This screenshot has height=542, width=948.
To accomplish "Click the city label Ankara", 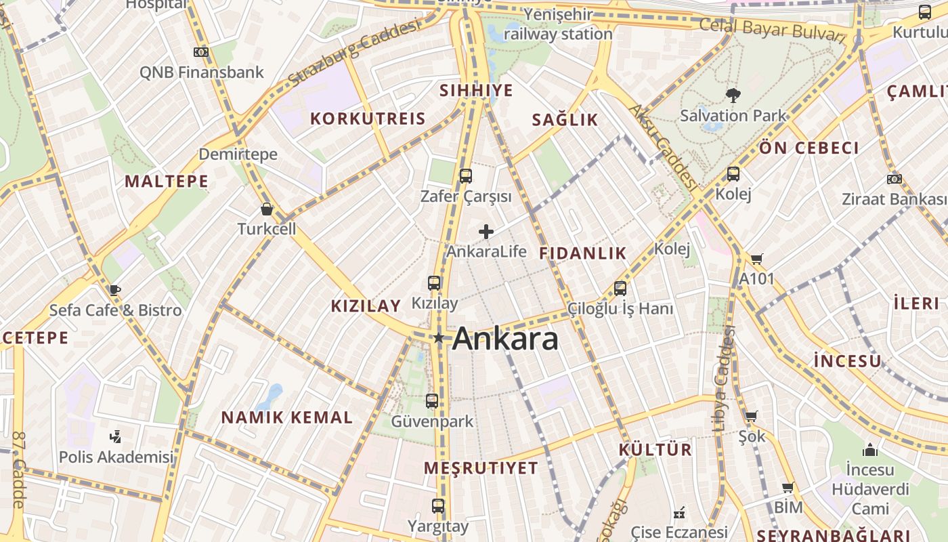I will pos(505,339).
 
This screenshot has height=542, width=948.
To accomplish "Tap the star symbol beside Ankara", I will pos(439,337).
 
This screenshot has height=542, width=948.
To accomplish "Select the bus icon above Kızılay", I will pos(434,283).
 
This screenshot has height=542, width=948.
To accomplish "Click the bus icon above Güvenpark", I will pos(432,401).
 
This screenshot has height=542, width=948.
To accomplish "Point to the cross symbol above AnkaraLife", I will pos(486,232).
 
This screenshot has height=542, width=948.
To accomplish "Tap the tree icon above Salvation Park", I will pos(732,95).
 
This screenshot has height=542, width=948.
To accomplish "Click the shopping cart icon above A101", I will pos(756,259).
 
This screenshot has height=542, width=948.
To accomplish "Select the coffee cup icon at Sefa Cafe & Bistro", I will pos(114,290).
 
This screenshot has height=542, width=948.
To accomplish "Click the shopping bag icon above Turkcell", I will pos(267,209).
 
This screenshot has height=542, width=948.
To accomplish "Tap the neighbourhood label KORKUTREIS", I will pos(368,119).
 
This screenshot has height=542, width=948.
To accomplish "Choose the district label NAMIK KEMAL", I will pos(287,417).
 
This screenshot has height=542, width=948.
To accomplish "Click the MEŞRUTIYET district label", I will pos(481,468).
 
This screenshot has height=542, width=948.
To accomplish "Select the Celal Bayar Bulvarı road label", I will pos(772,30).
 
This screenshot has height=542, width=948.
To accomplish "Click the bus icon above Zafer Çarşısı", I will pos(465,176).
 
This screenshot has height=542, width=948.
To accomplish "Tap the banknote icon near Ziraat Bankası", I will pos(894,180).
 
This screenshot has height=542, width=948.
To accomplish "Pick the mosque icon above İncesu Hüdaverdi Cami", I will pos(870,450).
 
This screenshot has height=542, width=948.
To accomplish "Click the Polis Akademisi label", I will pos(116,457).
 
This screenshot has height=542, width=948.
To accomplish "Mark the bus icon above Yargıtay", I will pos(438,506).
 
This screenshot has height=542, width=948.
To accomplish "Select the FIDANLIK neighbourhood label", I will pos(582,253).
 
